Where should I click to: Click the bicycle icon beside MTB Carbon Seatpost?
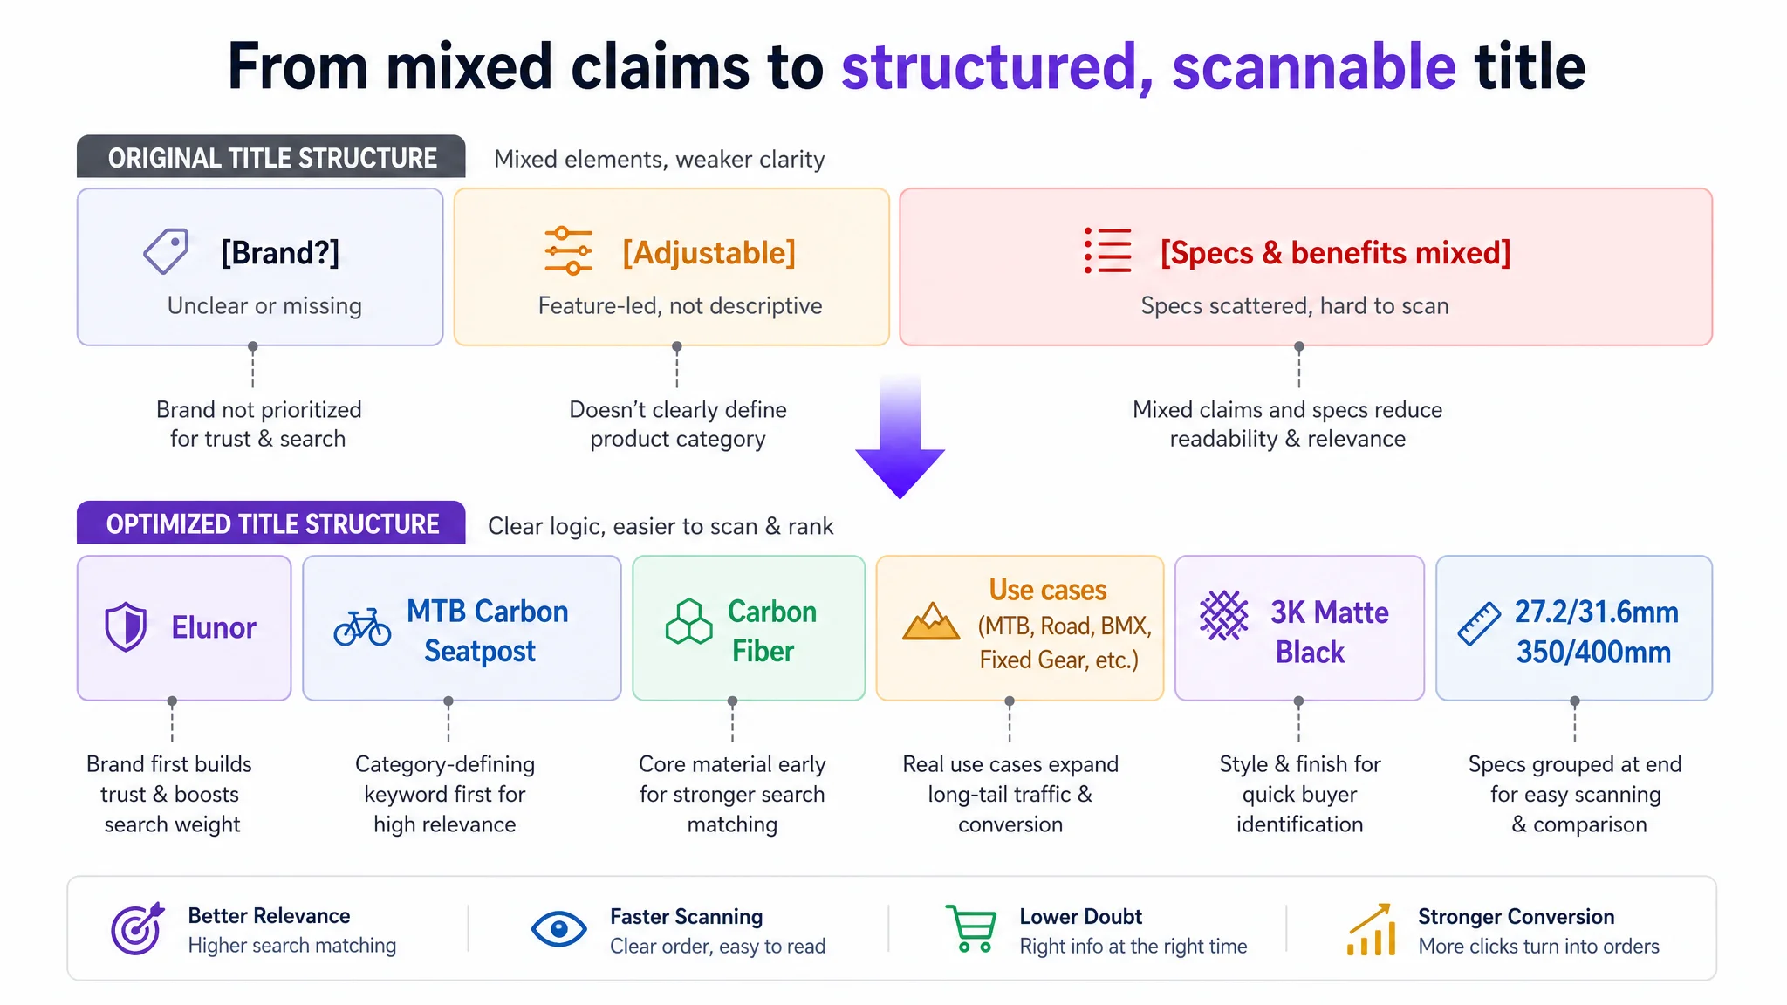point(362,627)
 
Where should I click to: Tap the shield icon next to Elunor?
point(126,626)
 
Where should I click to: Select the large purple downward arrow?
point(900,436)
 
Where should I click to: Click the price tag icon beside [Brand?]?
point(166,251)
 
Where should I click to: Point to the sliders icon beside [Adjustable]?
point(568,251)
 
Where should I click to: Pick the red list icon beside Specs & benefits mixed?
point(1107,250)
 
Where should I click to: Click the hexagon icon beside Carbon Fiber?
point(689,621)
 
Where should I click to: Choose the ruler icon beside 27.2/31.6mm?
point(1479,624)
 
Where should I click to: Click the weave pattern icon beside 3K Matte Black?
point(1223,615)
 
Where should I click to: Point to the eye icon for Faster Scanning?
point(558,929)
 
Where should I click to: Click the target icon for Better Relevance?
point(137,928)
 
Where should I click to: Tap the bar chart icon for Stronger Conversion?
point(1371,929)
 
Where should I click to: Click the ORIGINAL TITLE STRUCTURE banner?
point(271,157)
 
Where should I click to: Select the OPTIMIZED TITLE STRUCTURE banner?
point(271,523)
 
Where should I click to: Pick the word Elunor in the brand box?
point(214,627)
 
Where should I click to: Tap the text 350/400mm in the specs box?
point(1593,653)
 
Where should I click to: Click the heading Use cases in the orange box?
point(1048,590)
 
